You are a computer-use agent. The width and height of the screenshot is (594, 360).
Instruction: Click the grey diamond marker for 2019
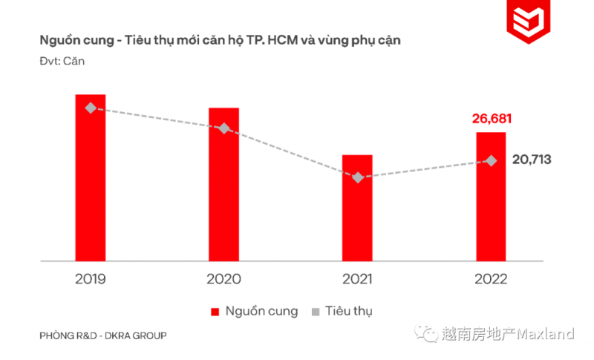pyautogui.click(x=91, y=108)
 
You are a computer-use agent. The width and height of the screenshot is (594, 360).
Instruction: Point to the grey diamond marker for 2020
pyautogui.click(x=223, y=128)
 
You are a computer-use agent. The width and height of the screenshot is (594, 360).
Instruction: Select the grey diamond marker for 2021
pyautogui.click(x=358, y=177)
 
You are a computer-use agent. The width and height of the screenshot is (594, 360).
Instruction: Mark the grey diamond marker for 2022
pyautogui.click(x=491, y=160)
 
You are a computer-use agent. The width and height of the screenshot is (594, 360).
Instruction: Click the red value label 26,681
pyautogui.click(x=492, y=119)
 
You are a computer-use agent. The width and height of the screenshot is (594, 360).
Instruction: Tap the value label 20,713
pyautogui.click(x=531, y=159)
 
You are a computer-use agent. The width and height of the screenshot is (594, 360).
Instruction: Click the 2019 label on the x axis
pyautogui.click(x=91, y=279)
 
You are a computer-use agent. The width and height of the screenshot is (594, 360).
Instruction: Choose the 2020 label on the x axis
pyautogui.click(x=223, y=279)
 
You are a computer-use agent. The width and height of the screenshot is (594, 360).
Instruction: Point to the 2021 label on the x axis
pyautogui.click(x=357, y=279)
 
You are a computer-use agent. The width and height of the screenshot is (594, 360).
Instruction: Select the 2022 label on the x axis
pyautogui.click(x=491, y=279)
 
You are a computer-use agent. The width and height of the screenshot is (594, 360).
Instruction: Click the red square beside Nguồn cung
pyautogui.click(x=215, y=312)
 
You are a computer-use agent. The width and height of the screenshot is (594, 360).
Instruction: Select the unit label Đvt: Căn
pyautogui.click(x=62, y=61)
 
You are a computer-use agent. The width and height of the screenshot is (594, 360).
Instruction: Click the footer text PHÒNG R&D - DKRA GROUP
pyautogui.click(x=103, y=336)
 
